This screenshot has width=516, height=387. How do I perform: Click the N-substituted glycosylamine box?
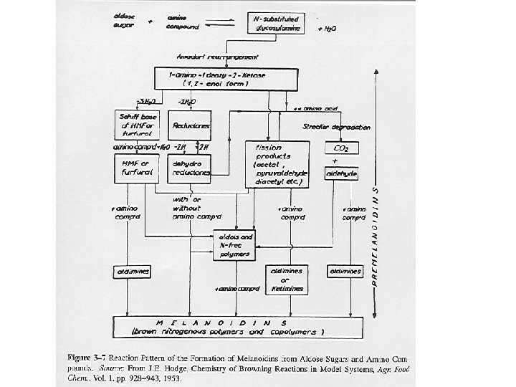coord(275,23)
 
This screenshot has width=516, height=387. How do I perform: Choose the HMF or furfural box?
coord(134,168)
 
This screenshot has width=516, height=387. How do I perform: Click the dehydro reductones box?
coord(189,168)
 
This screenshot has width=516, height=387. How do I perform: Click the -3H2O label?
coord(145,100)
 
